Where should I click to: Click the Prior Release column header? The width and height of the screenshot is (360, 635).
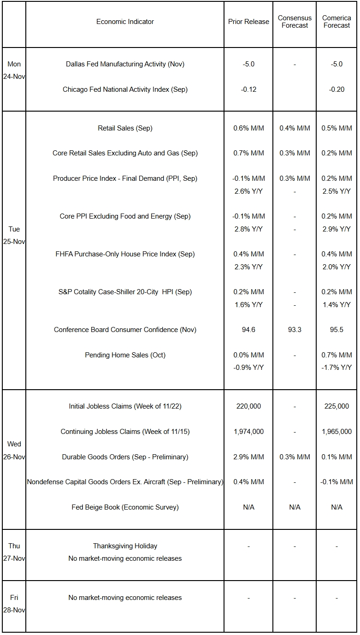pyautogui.click(x=248, y=22)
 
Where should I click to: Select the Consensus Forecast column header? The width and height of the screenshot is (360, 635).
pyautogui.click(x=295, y=22)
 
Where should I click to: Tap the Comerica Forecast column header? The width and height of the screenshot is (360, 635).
pyautogui.click(x=336, y=22)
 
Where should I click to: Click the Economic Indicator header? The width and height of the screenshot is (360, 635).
pyautogui.click(x=125, y=22)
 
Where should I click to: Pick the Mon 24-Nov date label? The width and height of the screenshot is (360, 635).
pyautogui.click(x=14, y=71)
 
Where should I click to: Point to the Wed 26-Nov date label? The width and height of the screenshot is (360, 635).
pyautogui.click(x=14, y=451)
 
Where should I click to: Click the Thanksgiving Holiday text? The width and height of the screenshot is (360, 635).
pyautogui.click(x=125, y=546)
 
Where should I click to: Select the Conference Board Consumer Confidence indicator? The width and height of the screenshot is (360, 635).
pyautogui.click(x=125, y=330)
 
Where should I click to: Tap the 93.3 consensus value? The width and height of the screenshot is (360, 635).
pyautogui.click(x=295, y=330)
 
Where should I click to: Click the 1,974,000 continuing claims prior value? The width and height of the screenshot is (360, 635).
pyautogui.click(x=248, y=432)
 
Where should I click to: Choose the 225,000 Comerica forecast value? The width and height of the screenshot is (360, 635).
pyautogui.click(x=336, y=406)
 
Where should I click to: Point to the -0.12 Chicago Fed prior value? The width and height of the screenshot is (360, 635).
pyautogui.click(x=248, y=89)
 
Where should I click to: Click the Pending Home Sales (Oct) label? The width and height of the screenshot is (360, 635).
pyautogui.click(x=125, y=355)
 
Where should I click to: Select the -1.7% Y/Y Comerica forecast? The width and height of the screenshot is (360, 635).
pyautogui.click(x=336, y=368)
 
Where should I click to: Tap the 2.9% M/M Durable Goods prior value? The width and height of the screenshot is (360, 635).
pyautogui.click(x=248, y=457)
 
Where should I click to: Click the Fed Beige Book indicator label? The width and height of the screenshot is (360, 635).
pyautogui.click(x=125, y=507)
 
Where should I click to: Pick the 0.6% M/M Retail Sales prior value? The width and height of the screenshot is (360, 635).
pyautogui.click(x=248, y=128)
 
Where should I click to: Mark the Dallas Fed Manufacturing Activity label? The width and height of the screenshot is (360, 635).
pyautogui.click(x=125, y=64)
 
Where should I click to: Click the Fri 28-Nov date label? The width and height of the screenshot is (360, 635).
pyautogui.click(x=14, y=604)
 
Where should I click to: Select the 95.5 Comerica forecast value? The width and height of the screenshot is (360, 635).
pyautogui.click(x=336, y=330)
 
